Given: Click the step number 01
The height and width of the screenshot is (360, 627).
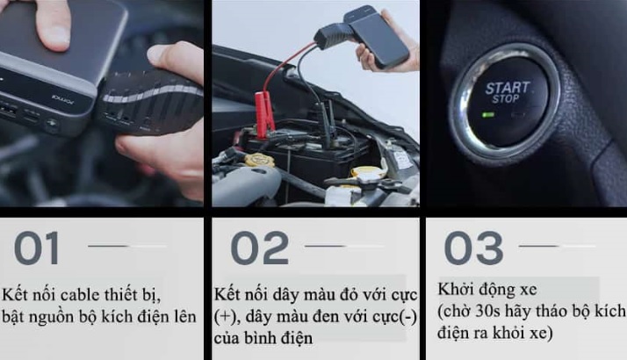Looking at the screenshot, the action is [x=37, y=248].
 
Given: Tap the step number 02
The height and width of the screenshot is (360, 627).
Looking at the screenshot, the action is [x=260, y=248].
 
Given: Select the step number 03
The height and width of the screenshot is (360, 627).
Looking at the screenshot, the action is [x=473, y=248].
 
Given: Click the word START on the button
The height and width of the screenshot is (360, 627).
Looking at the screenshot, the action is [x=507, y=88].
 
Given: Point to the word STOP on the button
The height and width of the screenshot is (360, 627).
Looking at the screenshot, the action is [x=506, y=99].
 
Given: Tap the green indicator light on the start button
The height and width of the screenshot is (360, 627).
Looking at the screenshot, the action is [x=488, y=115].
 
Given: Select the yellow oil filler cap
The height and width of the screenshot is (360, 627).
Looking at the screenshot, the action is [x=260, y=160].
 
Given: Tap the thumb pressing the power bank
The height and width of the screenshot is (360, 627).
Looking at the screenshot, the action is [x=54, y=24].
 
